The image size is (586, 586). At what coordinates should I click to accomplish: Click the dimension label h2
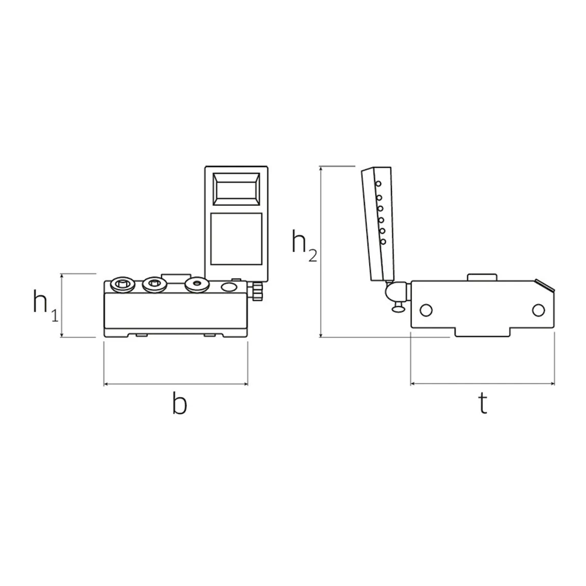pos(304,245)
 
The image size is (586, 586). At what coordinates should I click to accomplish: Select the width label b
pos(179,403)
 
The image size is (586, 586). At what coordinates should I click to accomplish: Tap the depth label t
pos(483,404)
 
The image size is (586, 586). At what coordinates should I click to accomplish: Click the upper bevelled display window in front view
pos(236,189)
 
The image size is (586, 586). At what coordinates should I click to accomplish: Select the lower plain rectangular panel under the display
pos(236,239)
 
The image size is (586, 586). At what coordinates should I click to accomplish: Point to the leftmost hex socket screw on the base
pos(122,285)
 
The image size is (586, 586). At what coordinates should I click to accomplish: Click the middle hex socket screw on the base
pos(154,284)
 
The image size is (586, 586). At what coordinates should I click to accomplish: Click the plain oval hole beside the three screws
pos(229,287)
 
